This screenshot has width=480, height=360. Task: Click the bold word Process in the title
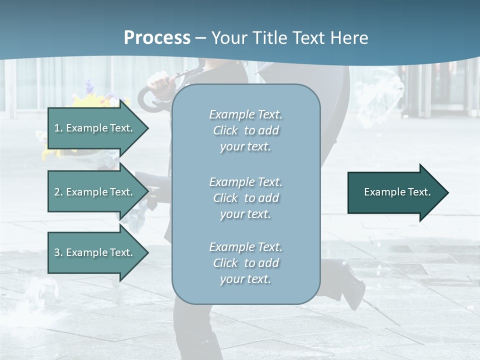157,38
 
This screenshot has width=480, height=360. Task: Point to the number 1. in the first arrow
58,128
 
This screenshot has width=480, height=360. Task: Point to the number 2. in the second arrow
58,192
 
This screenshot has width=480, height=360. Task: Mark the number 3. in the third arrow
58,252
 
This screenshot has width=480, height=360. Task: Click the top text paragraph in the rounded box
245,130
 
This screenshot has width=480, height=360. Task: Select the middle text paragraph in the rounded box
245,198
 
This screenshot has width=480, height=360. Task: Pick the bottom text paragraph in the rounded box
245,263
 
